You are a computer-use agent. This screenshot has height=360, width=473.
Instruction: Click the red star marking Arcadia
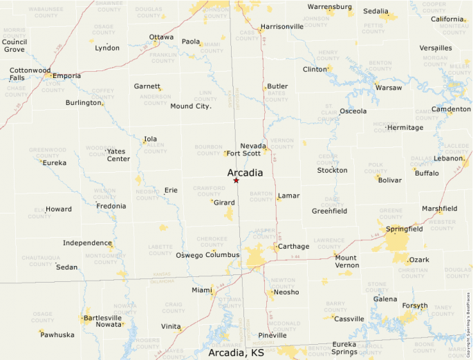click(x=236, y=180)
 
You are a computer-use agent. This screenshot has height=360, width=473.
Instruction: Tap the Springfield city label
click(x=405, y=229)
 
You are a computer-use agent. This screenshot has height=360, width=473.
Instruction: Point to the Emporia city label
click(x=66, y=76)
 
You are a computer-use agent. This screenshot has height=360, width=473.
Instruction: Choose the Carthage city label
click(x=293, y=247)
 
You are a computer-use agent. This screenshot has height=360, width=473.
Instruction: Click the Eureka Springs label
click(x=344, y=348)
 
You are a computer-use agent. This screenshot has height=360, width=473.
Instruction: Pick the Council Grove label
click(x=14, y=46)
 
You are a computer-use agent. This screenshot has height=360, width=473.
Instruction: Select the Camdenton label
click(x=451, y=109)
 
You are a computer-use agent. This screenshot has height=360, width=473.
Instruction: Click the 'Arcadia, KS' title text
click(x=236, y=352)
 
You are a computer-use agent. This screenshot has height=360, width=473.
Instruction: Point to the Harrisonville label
click(x=281, y=27)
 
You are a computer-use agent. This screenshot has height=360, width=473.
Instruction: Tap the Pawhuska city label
click(x=58, y=335)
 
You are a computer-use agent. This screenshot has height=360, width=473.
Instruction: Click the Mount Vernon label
click(x=346, y=261)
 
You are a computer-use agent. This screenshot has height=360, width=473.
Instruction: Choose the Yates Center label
click(x=118, y=155)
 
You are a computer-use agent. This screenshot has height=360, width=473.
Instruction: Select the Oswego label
click(x=191, y=255)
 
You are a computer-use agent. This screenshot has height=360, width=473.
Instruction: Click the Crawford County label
click(x=209, y=191)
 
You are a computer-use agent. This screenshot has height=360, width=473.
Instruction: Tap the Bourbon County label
click(x=209, y=150)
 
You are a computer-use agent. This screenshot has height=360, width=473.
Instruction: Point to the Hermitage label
click(x=405, y=127)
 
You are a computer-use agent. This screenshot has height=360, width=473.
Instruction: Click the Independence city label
click(x=87, y=243)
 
